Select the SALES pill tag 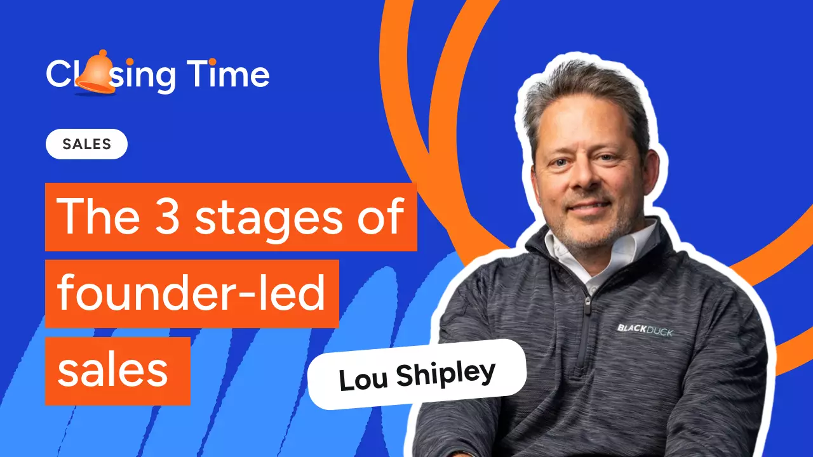[x=86, y=144]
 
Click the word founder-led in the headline [x=191, y=294]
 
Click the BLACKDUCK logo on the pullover [x=645, y=329]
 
